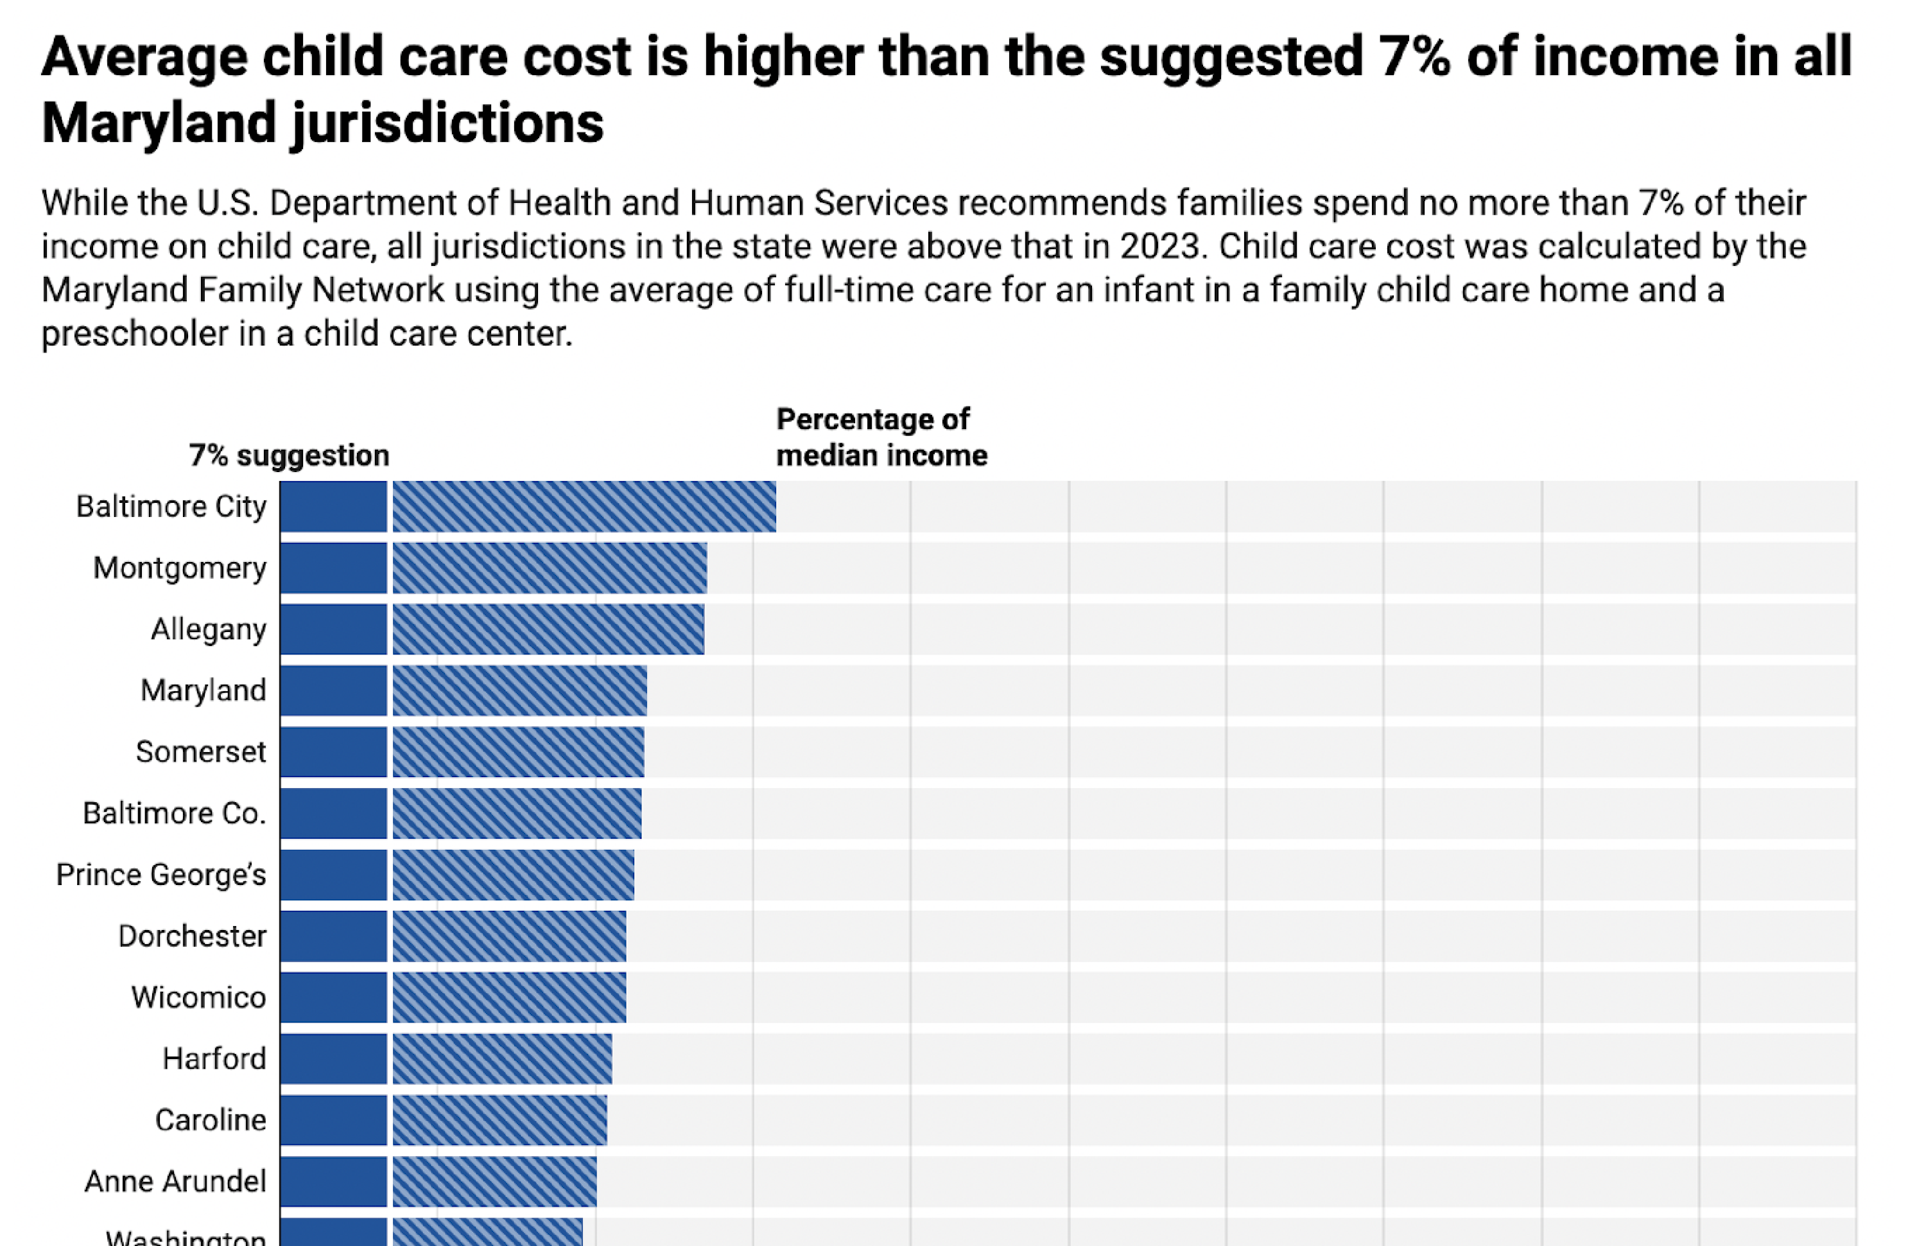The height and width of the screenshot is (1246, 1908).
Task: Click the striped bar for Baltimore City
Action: (x=584, y=506)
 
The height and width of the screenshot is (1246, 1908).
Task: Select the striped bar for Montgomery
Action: (x=549, y=568)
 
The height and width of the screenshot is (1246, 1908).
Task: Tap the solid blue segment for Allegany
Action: (x=333, y=629)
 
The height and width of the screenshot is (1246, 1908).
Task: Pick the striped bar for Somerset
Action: (x=518, y=752)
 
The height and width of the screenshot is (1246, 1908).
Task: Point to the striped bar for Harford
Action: (x=502, y=1059)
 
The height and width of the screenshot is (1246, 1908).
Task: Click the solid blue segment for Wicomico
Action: (x=333, y=997)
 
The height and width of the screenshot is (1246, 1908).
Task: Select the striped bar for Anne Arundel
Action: (x=494, y=1182)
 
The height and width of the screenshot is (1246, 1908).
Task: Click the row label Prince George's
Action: (x=160, y=875)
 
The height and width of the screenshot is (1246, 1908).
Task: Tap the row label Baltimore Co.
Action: (x=174, y=813)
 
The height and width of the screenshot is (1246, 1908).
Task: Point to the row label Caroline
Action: (x=210, y=1120)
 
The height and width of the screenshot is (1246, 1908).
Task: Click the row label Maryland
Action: (x=203, y=690)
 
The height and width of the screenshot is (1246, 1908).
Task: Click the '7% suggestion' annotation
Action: (x=289, y=455)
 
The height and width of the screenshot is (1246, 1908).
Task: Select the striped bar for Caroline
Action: (x=499, y=1120)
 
